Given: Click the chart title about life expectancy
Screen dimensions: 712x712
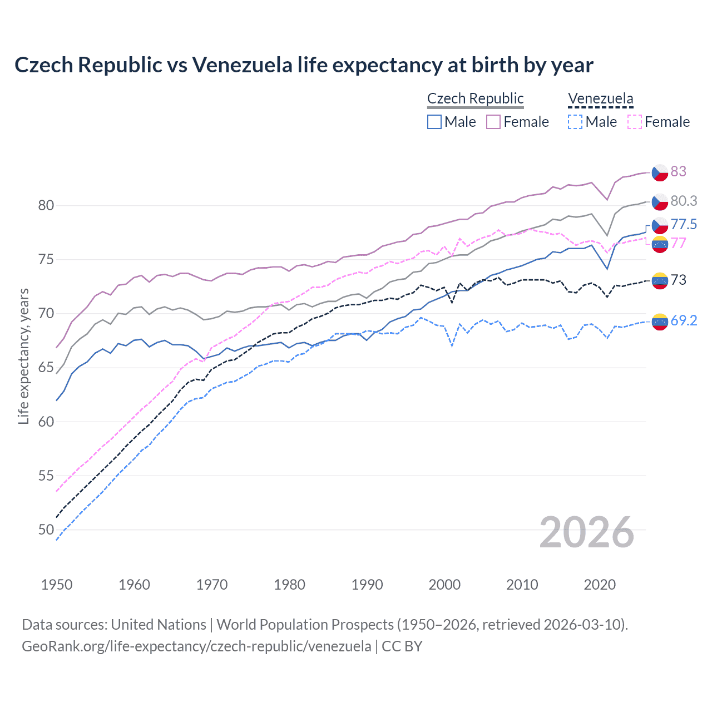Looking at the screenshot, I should (x=304, y=65).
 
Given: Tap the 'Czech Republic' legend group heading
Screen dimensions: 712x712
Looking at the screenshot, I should (x=475, y=98).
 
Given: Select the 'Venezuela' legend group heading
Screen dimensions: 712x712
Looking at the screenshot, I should (x=600, y=98).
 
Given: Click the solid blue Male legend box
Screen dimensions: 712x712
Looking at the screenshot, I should (x=434, y=122).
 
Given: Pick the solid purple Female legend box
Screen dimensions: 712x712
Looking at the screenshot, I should (x=493, y=122).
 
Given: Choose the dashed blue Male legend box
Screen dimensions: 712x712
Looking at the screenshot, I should (x=575, y=122).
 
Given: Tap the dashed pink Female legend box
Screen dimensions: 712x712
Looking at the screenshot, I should (x=635, y=122).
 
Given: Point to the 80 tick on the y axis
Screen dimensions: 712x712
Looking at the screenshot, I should (x=46, y=205).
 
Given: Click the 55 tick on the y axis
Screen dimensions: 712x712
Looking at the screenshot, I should (x=46, y=476).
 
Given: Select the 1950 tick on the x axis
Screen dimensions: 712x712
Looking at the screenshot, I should (x=57, y=585).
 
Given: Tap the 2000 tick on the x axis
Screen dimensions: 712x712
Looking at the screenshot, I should (x=444, y=585).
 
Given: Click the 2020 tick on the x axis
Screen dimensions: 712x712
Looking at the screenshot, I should (x=600, y=585).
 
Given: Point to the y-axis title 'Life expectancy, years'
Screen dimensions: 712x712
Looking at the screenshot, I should (x=24, y=356).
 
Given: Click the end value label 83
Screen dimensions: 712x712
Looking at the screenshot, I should (x=678, y=171).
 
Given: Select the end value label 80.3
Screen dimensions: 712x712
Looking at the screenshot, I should (x=684, y=201).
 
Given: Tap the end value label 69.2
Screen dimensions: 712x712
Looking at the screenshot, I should (x=684, y=320).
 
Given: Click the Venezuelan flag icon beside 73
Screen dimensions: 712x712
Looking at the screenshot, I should (x=660, y=280).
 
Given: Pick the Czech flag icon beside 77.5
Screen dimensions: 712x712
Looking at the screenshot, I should (x=660, y=225).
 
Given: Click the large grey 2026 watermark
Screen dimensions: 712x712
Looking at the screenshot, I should (x=586, y=532).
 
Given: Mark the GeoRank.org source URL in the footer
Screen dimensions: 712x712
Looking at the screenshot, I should (x=196, y=646).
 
